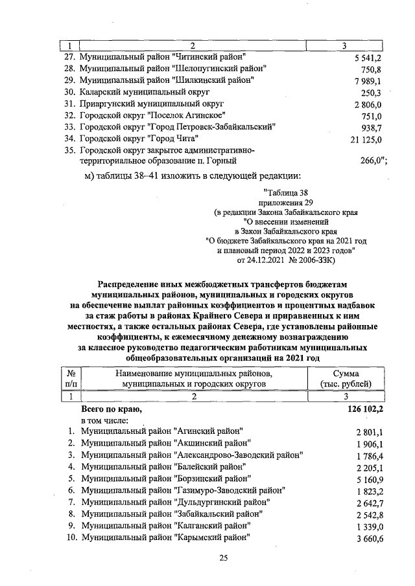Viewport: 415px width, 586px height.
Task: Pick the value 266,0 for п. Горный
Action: click(373, 162)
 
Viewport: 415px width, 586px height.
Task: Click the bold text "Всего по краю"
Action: click(110, 409)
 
